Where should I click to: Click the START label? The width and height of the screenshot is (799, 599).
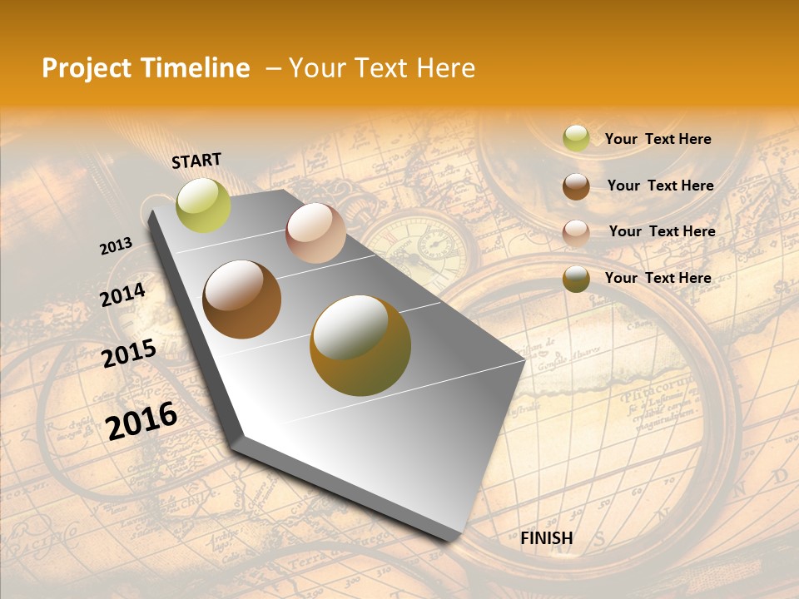coord(196,161)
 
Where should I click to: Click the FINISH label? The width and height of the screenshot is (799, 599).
coord(546,538)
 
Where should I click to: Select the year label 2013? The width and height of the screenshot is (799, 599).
coord(116,246)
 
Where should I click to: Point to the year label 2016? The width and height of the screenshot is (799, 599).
coord(141,421)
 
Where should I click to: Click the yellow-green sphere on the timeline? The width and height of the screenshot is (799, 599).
coord(203,205)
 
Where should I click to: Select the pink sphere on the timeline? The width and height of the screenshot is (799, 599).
coord(315,233)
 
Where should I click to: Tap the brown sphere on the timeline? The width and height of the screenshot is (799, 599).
coord(242,299)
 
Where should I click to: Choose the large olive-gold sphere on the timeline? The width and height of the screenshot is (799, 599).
coord(360,345)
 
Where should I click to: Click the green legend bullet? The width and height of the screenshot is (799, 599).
coord(576,139)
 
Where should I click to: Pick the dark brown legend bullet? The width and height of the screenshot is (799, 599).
coord(576,186)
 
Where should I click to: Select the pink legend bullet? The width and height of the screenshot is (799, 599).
coord(576,233)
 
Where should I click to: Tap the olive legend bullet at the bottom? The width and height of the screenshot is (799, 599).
coord(576,280)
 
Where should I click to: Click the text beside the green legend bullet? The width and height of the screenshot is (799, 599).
coord(658,139)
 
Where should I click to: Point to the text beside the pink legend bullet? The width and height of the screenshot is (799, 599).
coord(662,231)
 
